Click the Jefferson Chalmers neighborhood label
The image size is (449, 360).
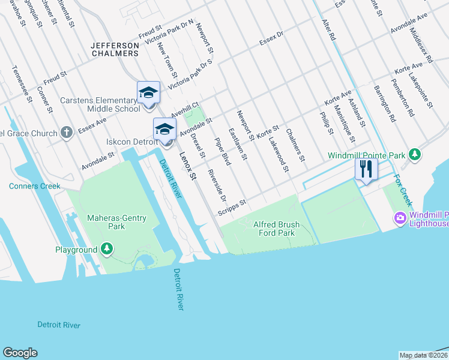pos(115,49)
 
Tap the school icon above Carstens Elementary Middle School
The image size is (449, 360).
pos(148,93)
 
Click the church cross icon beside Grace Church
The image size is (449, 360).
pos(67,132)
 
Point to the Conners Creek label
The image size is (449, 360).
pos(35,186)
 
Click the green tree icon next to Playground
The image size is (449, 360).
pos(107,248)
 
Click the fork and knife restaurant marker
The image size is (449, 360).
pos(366,169)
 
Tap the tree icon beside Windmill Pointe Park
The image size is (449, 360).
pos(414,155)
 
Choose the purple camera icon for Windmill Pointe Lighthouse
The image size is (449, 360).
pos(399,217)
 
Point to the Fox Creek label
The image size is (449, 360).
pos(403,190)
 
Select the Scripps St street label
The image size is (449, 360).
pos(232,207)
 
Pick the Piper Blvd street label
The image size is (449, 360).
pos(222,151)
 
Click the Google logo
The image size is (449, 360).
pos(20,353)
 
